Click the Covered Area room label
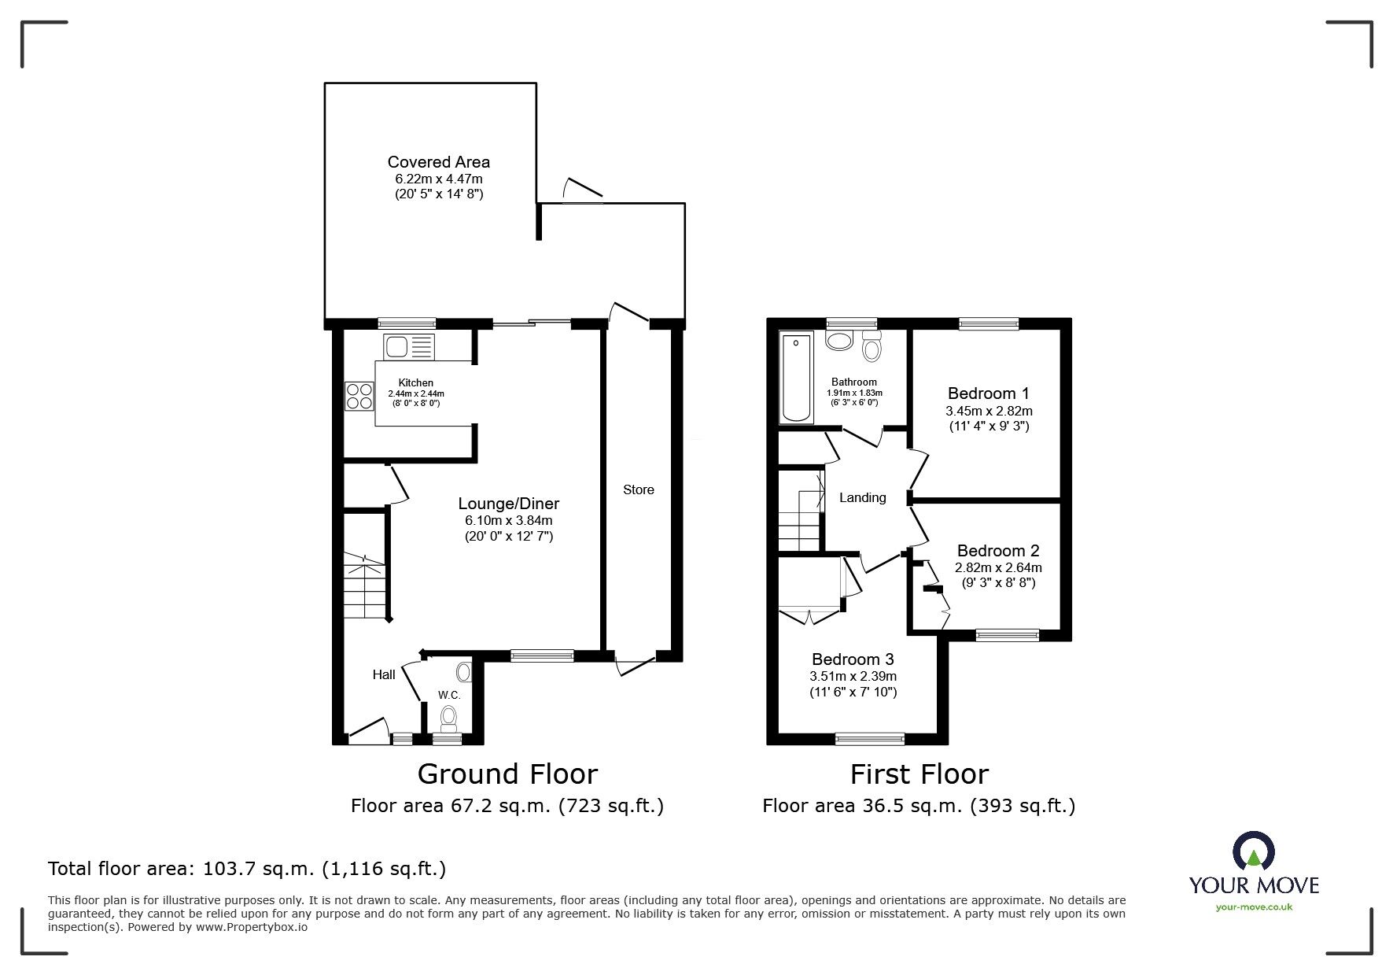pyautogui.click(x=438, y=162)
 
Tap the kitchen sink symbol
pyautogui.click(x=408, y=345)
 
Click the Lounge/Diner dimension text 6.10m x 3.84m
pyautogui.click(x=509, y=521)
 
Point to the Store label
pyautogui.click(x=638, y=489)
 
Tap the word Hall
pyautogui.click(x=384, y=674)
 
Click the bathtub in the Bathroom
pyautogui.click(x=796, y=377)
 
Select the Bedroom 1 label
pyautogui.click(x=988, y=393)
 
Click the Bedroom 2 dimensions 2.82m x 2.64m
pyautogui.click(x=998, y=568)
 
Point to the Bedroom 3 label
pyautogui.click(x=853, y=659)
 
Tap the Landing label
pyautogui.click(x=862, y=497)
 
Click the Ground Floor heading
pyautogui.click(x=507, y=774)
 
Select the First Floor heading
pyautogui.click(x=919, y=774)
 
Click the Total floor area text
pyautogui.click(x=247, y=869)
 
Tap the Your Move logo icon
pyautogui.click(x=1253, y=851)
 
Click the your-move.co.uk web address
pyautogui.click(x=1254, y=907)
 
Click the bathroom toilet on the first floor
pyautogui.click(x=872, y=346)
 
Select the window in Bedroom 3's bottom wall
pyautogui.click(x=869, y=738)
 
